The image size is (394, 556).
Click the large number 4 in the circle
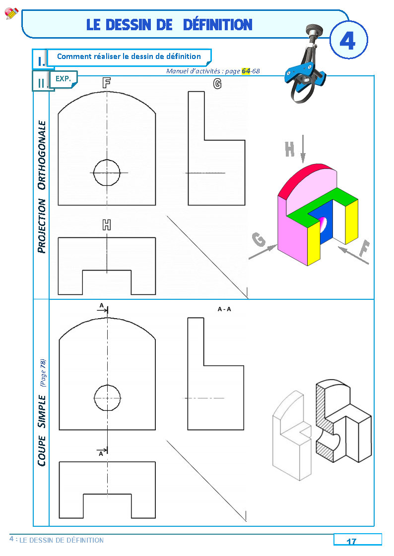point(347,41)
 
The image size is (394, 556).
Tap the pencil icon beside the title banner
point(11,13)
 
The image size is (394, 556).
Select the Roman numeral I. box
point(40,61)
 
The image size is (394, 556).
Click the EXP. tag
point(63,78)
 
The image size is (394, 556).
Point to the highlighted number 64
point(246,71)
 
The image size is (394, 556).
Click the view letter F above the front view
point(106,83)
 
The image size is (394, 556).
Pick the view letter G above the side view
point(217,84)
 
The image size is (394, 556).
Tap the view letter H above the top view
point(106,225)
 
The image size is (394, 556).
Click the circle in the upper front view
point(107,172)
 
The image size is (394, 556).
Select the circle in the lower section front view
point(107,397)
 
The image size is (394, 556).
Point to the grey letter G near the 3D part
point(259,240)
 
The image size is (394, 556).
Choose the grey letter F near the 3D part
point(364,250)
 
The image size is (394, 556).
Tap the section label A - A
point(224,309)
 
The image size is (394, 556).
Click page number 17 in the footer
point(351,541)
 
